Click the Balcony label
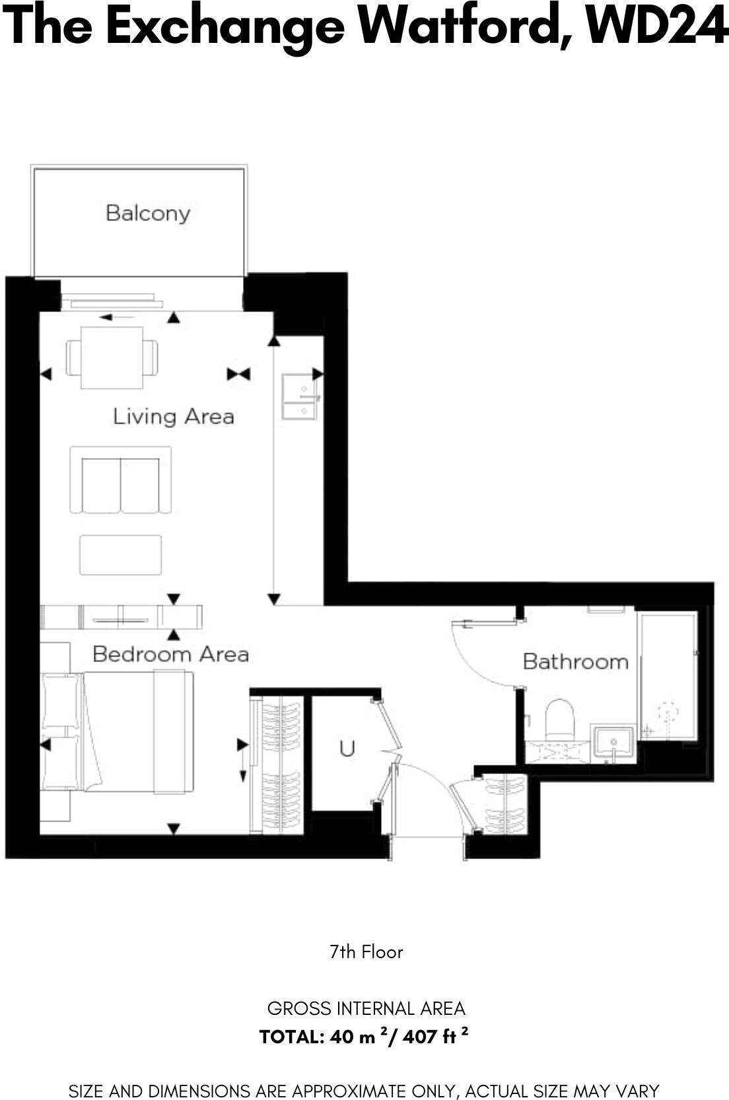click(148, 213)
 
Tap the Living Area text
click(173, 416)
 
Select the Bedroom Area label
click(170, 654)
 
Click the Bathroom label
click(575, 661)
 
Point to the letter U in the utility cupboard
click(347, 748)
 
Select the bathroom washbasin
click(613, 743)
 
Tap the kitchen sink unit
click(299, 397)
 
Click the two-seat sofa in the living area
click(121, 480)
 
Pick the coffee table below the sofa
click(121, 555)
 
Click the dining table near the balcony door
click(112, 358)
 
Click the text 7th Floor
click(366, 952)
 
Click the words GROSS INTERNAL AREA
click(366, 1008)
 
